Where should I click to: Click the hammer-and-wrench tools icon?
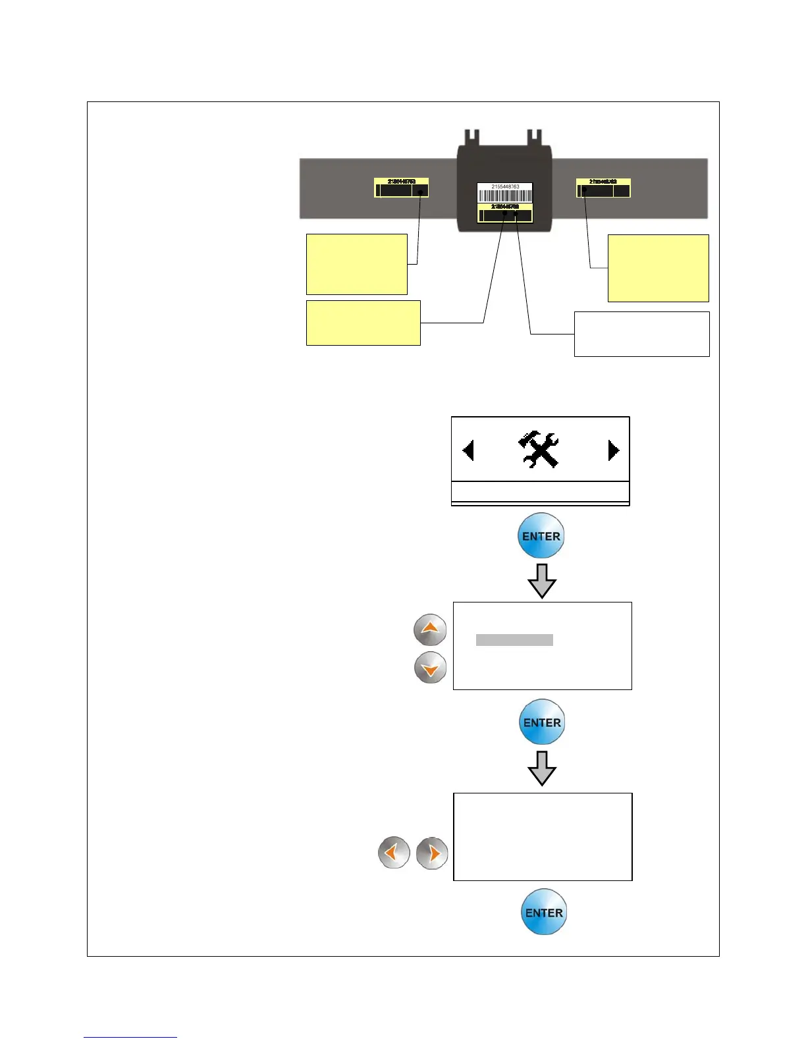tap(539, 450)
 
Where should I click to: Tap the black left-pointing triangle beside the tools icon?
tap(468, 451)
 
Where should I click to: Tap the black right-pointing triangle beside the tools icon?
tap(613, 450)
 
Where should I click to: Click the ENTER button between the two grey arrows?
tap(541, 722)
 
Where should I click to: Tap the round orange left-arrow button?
tap(394, 853)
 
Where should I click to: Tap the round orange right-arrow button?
tap(432, 853)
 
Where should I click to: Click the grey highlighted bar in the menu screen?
tap(514, 640)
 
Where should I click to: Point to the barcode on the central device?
tap(505, 196)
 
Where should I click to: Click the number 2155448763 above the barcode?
tap(505, 187)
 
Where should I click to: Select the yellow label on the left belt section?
tap(401, 188)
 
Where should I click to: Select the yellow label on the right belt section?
tap(603, 188)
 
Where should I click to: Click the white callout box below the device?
tap(641, 334)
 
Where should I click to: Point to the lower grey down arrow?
tap(542, 768)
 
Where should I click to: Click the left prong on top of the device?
tap(471, 138)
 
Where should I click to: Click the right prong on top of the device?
tap(535, 138)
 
